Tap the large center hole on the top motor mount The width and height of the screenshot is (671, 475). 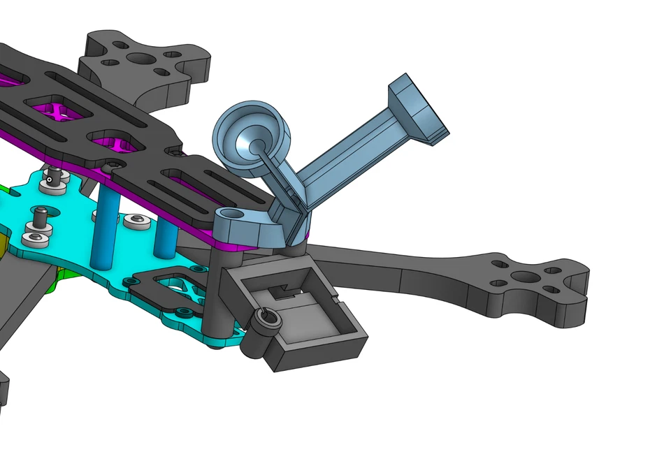(x=145, y=59)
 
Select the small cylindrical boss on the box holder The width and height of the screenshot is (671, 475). (x=264, y=322)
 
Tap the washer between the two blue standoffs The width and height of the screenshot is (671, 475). (x=135, y=221)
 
